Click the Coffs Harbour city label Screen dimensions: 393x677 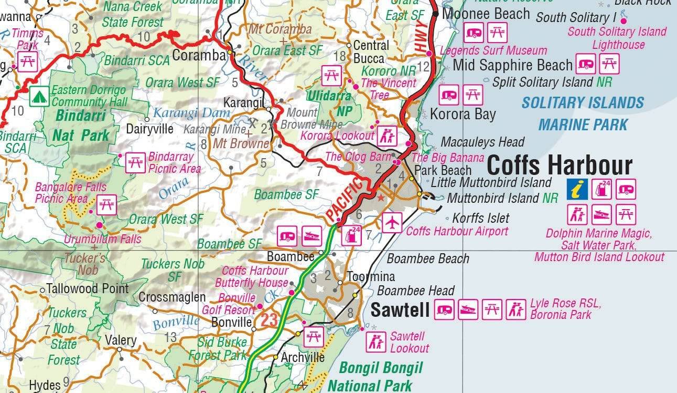[560, 166]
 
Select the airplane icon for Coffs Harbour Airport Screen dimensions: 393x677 [392, 222]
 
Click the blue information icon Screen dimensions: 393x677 [576, 189]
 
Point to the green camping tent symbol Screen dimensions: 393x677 [39, 96]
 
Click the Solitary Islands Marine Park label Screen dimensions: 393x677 [583, 113]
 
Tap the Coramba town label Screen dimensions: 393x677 [197, 55]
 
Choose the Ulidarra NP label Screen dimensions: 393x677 [329, 104]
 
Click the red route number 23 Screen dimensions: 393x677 [269, 319]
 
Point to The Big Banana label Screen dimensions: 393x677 [447, 158]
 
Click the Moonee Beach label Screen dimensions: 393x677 [486, 14]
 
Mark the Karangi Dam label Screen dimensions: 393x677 [191, 112]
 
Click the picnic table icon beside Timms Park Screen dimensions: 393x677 [27, 61]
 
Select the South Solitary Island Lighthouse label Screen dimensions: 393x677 [617, 38]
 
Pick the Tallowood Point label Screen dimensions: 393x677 [87, 288]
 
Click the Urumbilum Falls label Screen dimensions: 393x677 [102, 239]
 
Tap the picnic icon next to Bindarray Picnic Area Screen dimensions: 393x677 [135, 162]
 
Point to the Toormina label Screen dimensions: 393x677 [371, 276]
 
